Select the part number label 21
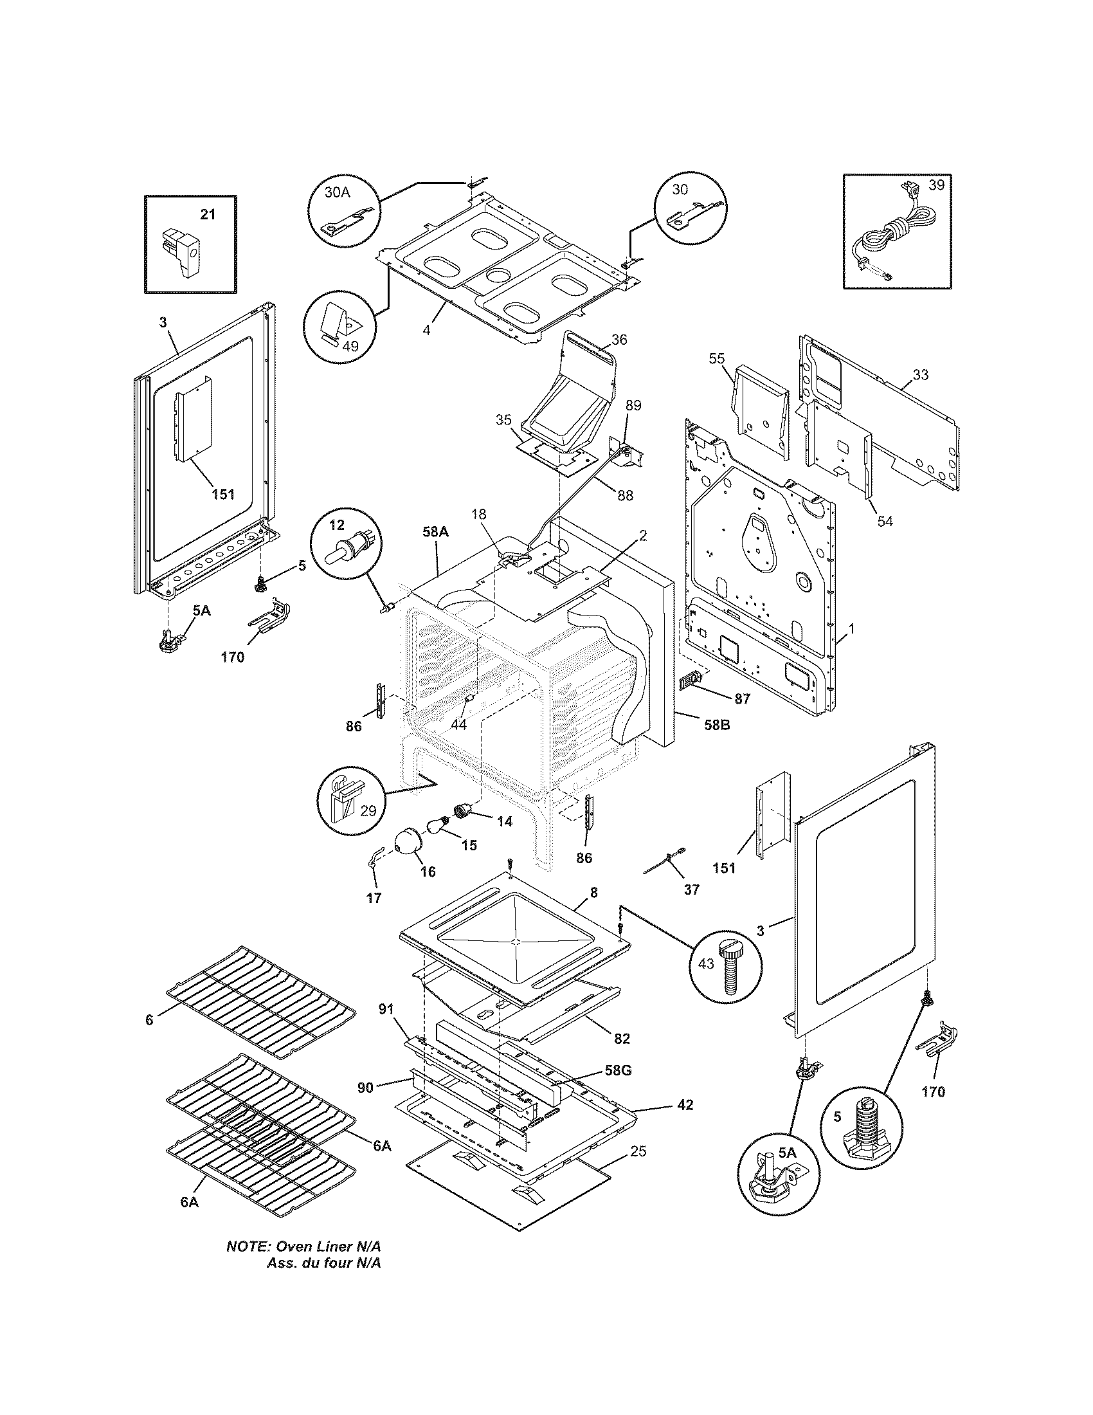click(207, 214)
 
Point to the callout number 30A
click(336, 192)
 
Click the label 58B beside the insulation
click(716, 725)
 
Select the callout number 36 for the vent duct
click(619, 340)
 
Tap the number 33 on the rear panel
click(920, 374)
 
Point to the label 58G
click(617, 1070)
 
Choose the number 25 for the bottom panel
click(638, 1151)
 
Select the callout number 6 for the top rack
click(150, 1020)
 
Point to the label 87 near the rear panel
click(742, 699)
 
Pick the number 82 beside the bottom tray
click(622, 1039)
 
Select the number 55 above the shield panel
click(716, 358)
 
